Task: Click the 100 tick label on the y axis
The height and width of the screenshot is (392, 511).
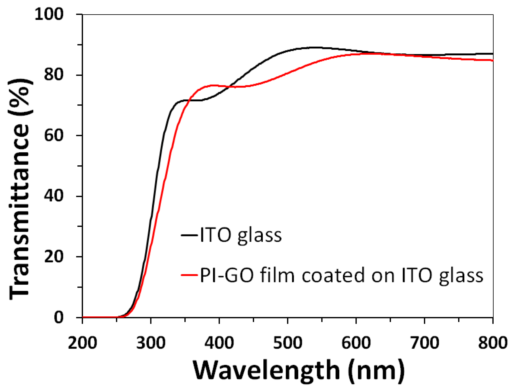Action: point(49,14)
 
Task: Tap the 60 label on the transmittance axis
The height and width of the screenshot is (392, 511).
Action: point(54,135)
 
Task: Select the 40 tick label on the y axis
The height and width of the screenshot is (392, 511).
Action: point(54,196)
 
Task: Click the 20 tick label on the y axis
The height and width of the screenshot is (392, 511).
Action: point(54,256)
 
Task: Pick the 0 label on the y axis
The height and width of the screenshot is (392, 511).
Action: point(59,317)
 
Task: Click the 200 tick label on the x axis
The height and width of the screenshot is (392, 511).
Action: point(82,343)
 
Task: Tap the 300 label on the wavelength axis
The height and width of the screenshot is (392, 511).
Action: point(151,343)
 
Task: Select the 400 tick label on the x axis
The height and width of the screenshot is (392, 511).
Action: point(219,343)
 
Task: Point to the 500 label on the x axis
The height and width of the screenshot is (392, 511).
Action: point(288,343)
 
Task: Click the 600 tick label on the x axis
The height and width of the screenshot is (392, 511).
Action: point(356,343)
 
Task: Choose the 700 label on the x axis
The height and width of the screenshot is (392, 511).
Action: point(424,343)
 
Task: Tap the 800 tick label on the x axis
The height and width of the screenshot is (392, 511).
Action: point(493,343)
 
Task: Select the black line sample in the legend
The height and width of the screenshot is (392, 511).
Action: point(189,235)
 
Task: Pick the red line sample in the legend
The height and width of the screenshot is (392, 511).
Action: point(189,275)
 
